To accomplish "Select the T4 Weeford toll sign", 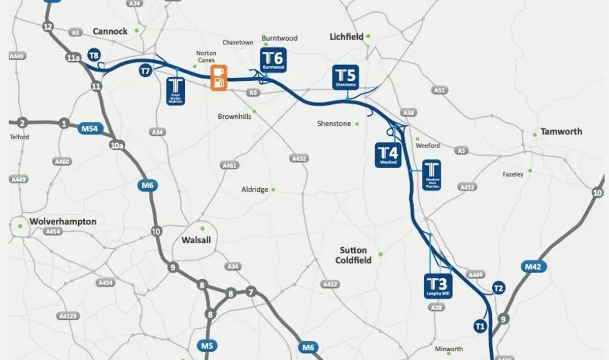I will [388, 155].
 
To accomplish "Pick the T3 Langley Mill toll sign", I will [437, 286].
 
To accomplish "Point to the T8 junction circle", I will [93, 55].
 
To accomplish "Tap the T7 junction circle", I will [145, 71].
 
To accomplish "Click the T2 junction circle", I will [498, 288].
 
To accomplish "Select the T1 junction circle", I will [480, 325].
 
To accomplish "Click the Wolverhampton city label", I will [63, 222].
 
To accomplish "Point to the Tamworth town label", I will [561, 132].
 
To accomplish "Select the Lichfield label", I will [347, 37].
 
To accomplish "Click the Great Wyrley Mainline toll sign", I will [176, 91].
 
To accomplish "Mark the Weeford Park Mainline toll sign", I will [432, 175].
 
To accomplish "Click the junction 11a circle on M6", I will [73, 58].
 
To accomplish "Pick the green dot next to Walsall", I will [202, 228].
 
